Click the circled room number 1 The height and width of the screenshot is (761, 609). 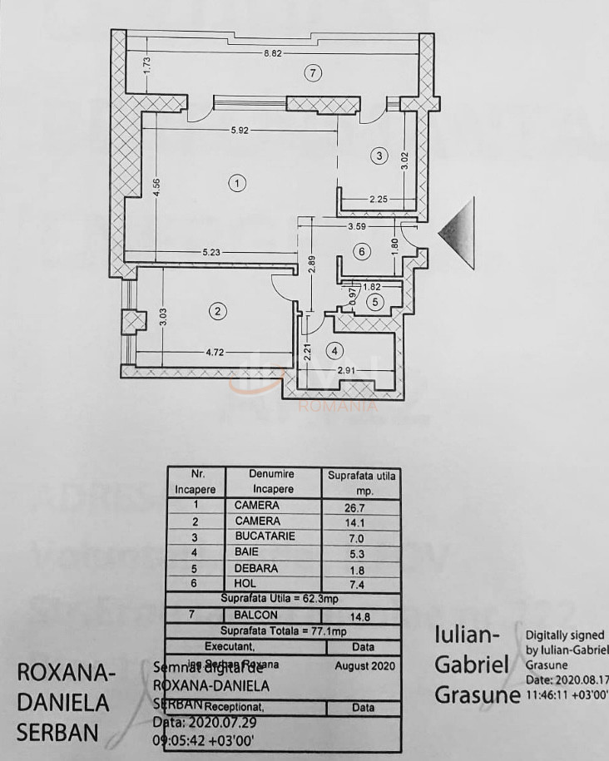coord(238,184)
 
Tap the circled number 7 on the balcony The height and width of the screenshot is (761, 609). coord(312,74)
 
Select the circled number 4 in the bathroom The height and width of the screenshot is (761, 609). coord(334,350)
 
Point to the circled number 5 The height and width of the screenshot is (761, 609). coord(375,302)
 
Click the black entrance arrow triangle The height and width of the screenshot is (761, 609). coord(458,234)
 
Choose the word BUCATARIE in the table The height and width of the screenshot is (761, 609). coord(265,536)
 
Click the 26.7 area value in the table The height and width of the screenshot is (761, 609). coord(361,505)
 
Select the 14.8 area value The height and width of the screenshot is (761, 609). coord(361,616)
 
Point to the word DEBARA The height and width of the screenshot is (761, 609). coord(256,568)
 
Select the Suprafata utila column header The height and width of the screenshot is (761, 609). coord(362,482)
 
